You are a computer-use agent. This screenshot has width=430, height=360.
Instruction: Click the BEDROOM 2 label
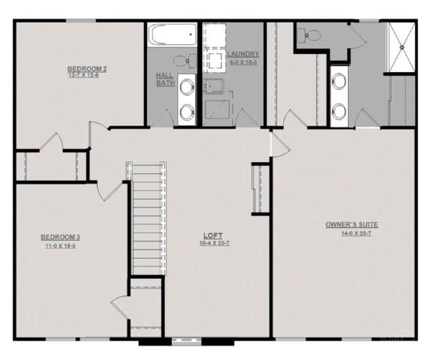tap(87, 69)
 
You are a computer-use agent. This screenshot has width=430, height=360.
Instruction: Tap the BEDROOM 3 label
tap(60, 238)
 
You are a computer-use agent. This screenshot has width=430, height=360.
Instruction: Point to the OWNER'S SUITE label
tap(350, 224)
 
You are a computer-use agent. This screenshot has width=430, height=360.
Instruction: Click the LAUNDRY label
tap(245, 54)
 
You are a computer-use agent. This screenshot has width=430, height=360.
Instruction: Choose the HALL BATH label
tap(165, 79)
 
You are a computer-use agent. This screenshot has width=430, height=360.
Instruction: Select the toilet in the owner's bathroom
tap(308, 34)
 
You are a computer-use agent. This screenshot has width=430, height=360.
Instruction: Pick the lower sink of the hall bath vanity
tap(185, 112)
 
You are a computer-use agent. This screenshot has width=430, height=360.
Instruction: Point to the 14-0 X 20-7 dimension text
tap(350, 235)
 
